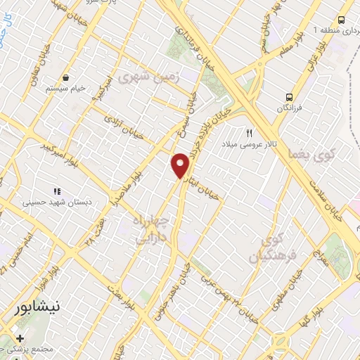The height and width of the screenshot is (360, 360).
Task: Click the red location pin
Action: (181, 165)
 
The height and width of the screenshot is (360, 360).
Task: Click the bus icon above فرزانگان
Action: (289, 97)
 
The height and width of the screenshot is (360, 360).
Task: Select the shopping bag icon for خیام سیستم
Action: (65, 77)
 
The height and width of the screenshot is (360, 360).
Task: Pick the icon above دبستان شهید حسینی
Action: (57, 191)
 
